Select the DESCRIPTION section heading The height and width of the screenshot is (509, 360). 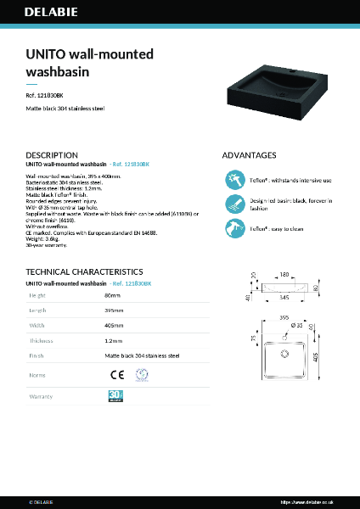coord(52,155)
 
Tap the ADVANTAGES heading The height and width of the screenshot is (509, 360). coord(249,155)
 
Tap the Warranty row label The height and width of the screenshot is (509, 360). coord(42,396)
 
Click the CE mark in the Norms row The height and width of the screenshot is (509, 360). coord(117,374)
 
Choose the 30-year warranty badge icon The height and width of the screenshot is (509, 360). coord(116,396)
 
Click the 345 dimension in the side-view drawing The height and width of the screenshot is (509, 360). coord(284,298)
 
